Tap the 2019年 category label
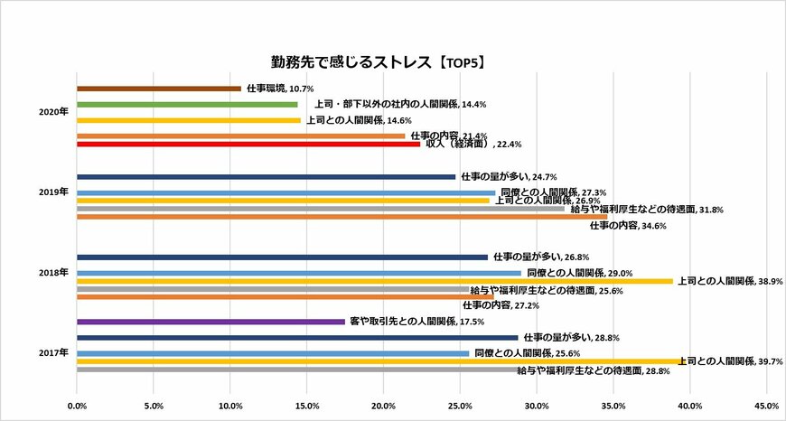(x=54, y=192)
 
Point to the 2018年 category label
(x=54, y=271)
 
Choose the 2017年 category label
(x=54, y=351)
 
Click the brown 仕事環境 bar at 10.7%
(x=159, y=89)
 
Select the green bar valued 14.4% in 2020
(x=187, y=105)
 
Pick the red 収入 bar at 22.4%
(x=248, y=143)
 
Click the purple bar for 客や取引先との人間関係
(x=211, y=322)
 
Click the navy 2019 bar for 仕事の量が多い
(x=267, y=176)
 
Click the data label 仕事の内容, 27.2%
(x=507, y=305)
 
